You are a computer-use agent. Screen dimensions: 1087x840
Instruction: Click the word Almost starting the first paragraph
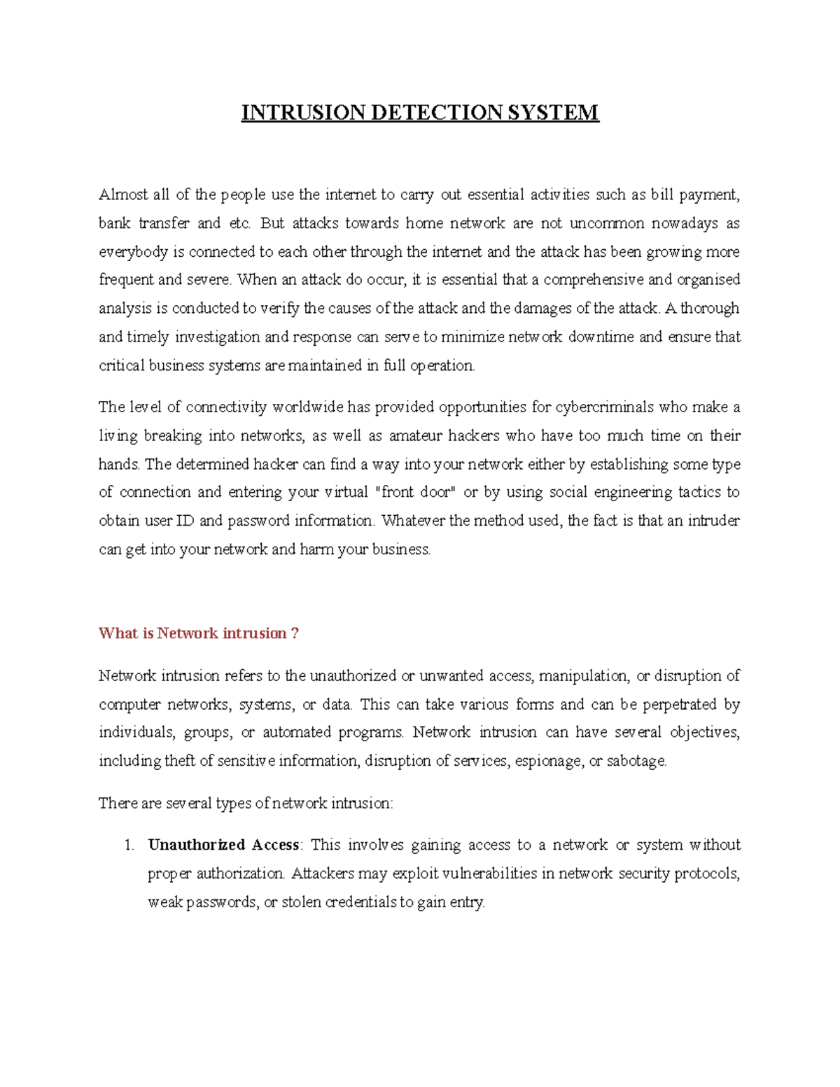(123, 195)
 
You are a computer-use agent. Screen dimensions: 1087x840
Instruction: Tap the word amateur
(415, 435)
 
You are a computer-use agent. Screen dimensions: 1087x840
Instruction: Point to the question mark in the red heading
(295, 633)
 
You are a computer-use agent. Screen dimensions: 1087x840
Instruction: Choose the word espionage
(548, 761)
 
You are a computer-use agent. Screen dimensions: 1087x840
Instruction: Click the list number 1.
(128, 846)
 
